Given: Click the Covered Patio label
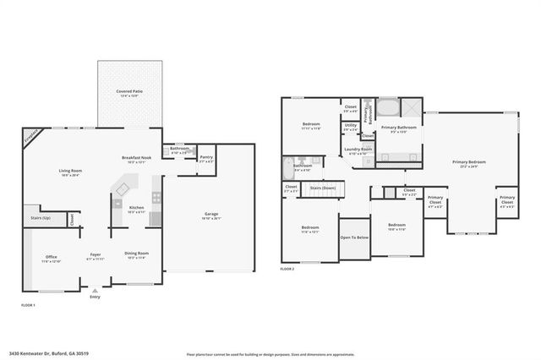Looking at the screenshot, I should [129, 92].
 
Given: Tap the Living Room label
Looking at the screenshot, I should [70, 172].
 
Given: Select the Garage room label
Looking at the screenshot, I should [211, 214].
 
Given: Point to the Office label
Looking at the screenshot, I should [52, 258].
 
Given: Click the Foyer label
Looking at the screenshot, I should [96, 254].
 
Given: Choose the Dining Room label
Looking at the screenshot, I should [137, 254].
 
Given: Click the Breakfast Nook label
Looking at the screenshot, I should [136, 158].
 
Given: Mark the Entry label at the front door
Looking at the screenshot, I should [95, 297].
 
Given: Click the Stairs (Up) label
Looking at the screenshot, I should [39, 218].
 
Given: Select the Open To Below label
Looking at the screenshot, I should [353, 238].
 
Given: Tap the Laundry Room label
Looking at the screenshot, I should [358, 150].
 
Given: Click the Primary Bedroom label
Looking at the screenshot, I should [469, 162].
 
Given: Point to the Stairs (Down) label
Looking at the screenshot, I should [323, 188].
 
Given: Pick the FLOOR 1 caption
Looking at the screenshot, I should [28, 304].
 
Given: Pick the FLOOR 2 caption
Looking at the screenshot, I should [288, 269].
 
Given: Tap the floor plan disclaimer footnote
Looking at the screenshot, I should [269, 353].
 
